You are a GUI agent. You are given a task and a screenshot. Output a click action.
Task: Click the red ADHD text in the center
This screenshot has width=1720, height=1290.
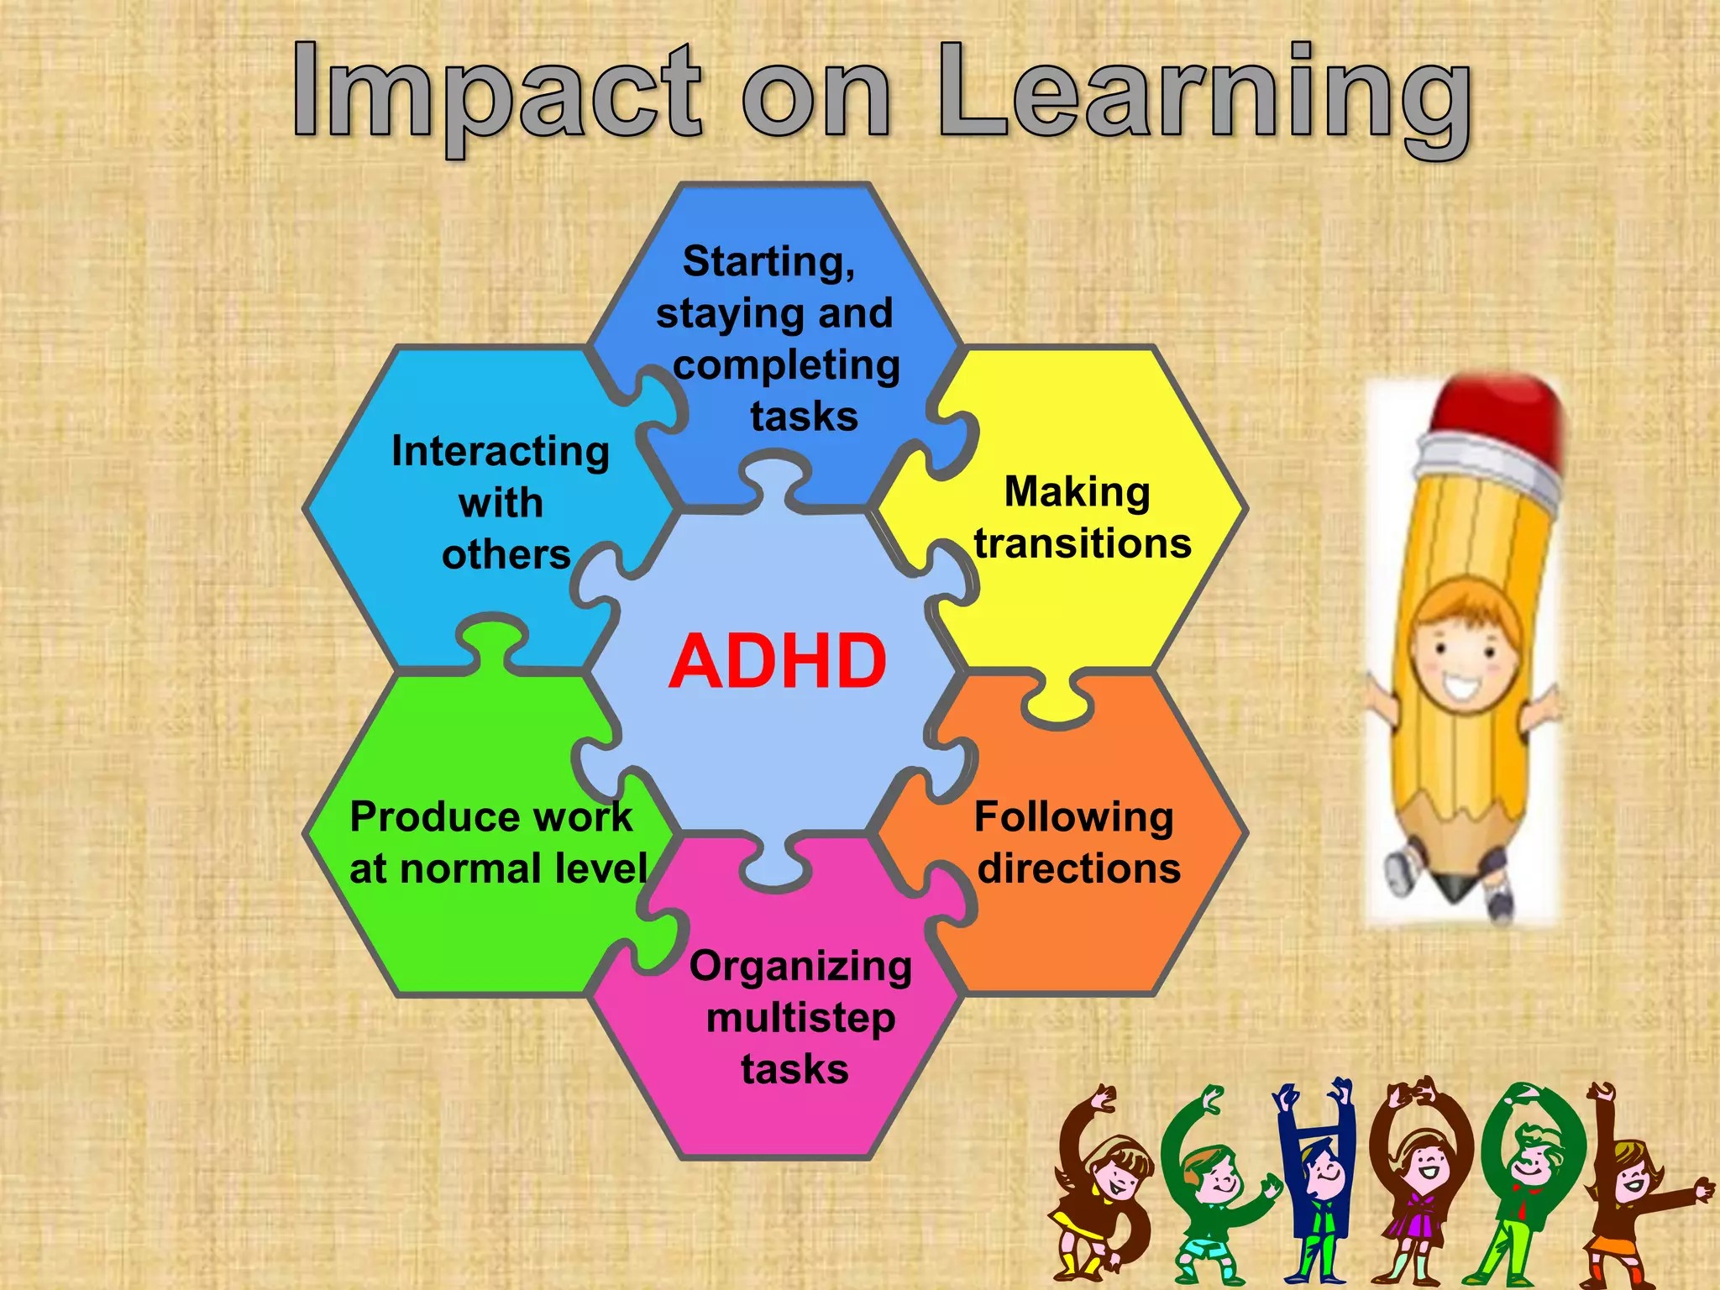point(778,662)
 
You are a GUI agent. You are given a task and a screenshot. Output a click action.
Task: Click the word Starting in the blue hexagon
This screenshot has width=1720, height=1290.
point(768,261)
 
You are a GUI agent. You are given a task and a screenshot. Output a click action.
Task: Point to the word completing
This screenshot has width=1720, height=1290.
point(786,365)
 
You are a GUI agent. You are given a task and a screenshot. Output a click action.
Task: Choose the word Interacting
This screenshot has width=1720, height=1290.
point(501,452)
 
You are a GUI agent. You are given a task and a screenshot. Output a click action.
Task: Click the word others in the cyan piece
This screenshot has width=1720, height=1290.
point(506,554)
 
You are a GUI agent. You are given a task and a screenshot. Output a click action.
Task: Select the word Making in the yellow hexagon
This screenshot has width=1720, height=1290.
point(1078,492)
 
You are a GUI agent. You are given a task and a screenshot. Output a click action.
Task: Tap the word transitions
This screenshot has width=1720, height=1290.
point(1083,543)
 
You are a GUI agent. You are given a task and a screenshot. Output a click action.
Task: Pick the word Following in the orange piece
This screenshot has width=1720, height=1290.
point(1074,817)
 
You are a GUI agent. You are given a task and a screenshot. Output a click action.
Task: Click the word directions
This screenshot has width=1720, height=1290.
point(1079,868)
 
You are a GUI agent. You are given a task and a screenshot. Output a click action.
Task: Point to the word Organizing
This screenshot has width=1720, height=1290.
point(800,967)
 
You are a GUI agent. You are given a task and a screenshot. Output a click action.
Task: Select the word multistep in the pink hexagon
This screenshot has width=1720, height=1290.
point(800,1018)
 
